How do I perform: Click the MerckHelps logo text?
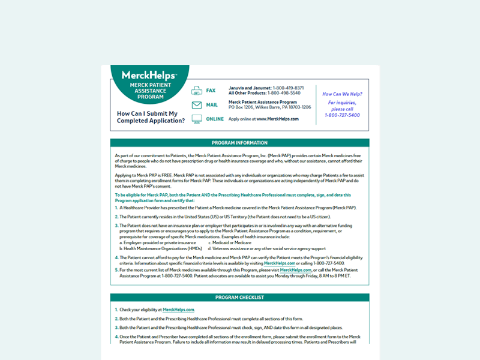tap(149, 76)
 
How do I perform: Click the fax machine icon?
tap(197, 91)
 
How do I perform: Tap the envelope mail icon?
tap(197, 105)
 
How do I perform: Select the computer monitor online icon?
tap(197, 119)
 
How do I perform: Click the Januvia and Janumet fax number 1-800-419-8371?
tap(289, 88)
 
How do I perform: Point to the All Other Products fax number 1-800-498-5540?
tap(284, 93)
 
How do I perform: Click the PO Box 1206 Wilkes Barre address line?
tap(270, 107)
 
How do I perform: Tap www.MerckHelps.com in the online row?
tap(277, 119)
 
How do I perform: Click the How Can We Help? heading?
tap(342, 94)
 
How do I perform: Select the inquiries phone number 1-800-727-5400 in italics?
tap(342, 115)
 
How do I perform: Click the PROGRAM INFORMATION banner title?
tap(239, 143)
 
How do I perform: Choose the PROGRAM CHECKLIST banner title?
tap(239, 298)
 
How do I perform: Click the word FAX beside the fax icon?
tap(211, 91)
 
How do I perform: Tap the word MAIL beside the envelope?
tap(212, 105)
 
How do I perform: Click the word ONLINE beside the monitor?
tap(215, 119)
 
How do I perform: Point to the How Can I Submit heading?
tap(147, 113)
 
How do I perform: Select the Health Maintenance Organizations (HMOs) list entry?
tap(158, 248)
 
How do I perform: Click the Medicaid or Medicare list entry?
tap(230, 243)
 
